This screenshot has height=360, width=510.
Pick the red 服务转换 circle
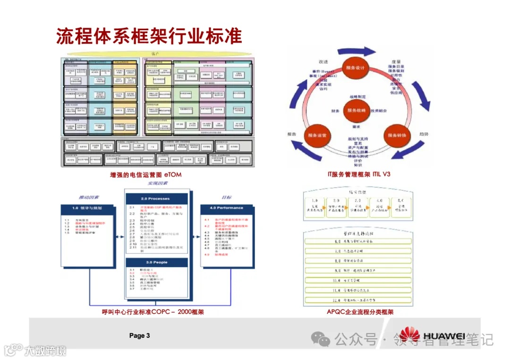397,135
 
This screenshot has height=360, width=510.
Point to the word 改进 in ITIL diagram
323,62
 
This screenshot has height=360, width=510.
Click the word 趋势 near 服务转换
424,134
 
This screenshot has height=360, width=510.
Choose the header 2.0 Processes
155,199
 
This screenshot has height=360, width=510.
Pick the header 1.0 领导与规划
87,208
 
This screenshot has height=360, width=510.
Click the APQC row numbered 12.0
359,300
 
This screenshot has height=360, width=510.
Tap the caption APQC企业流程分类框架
360,312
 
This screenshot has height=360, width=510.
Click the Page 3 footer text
140,335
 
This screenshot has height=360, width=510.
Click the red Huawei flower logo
409,335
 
